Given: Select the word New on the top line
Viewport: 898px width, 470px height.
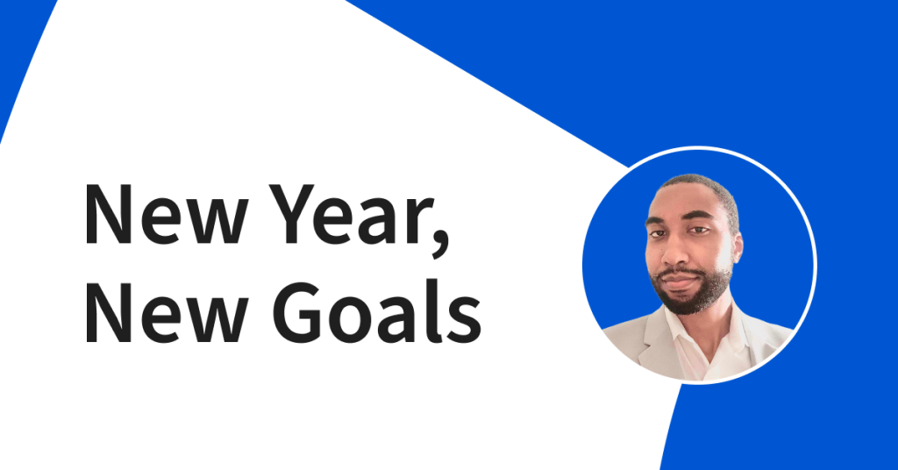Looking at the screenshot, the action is point(167,215).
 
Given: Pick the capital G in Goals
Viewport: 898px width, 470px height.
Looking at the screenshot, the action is point(297,312).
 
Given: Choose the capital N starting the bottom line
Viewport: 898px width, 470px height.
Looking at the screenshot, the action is point(105,312).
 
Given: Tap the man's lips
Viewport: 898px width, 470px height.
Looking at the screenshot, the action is point(678,281).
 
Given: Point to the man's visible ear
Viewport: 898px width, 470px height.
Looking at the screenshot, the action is point(737,247).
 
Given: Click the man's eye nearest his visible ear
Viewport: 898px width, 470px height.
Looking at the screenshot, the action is point(698,230).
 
